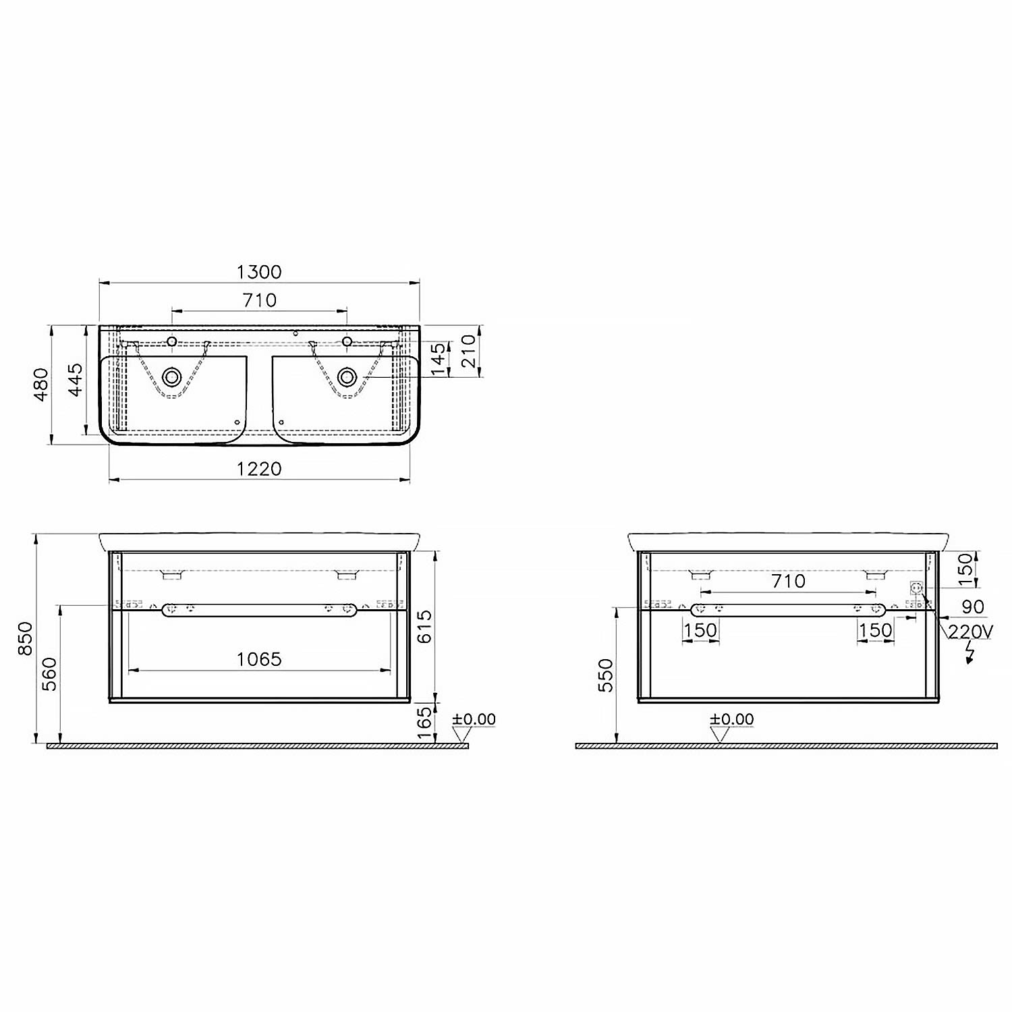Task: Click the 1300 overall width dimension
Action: pos(260,272)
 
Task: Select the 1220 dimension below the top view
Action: pos(260,468)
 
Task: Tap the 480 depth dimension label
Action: pos(42,385)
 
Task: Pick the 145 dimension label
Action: pos(438,360)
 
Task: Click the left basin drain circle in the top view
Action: pos(172,376)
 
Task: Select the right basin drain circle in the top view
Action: pos(347,376)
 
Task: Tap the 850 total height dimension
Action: pos(25,638)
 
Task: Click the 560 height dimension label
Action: pos(50,675)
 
